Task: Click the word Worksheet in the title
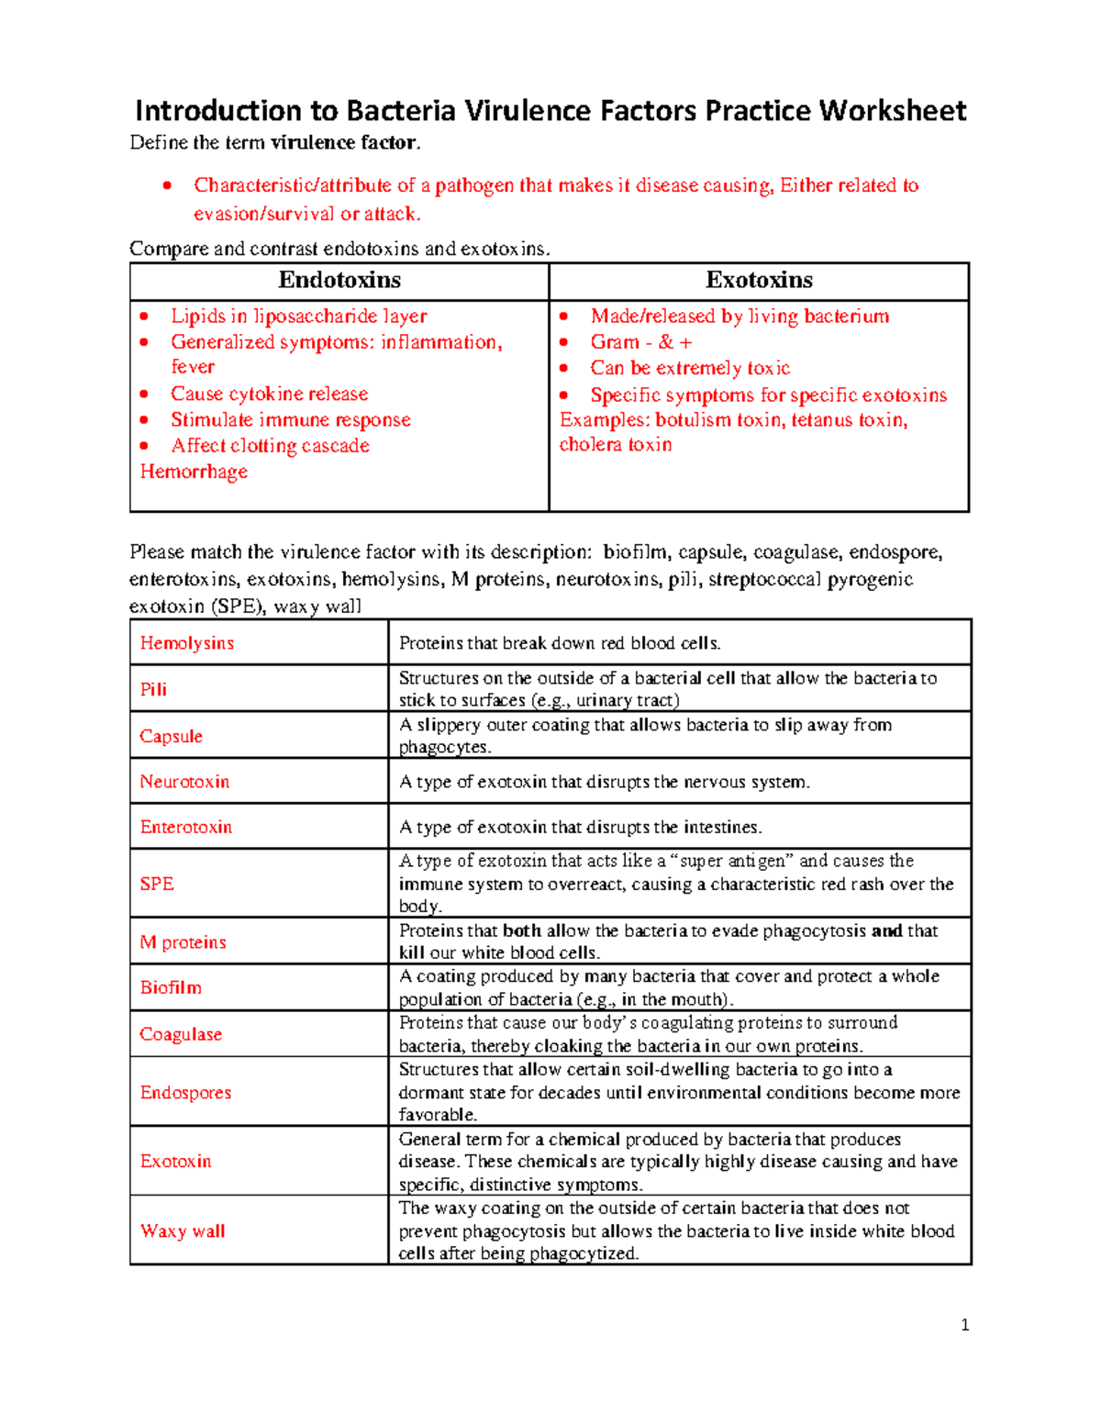pos(892,111)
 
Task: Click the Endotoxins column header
pos(339,280)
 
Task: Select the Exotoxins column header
pos(759,280)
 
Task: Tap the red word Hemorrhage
pos(194,472)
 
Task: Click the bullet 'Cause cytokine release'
pos(269,394)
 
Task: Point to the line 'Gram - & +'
pos(640,342)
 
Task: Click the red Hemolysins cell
pos(187,643)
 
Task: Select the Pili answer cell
pos(153,689)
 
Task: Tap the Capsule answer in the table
pos(172,736)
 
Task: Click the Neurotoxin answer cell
pos(184,782)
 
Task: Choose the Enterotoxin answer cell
pos(186,827)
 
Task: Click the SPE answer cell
pos(157,884)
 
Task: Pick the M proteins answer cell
pos(183,942)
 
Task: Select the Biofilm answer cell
pos(171,987)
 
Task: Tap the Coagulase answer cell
pos(181,1034)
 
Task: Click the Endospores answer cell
pos(185,1093)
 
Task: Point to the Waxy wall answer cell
pos(183,1231)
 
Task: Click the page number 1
pos(964,1325)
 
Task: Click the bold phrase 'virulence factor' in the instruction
pos(344,142)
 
